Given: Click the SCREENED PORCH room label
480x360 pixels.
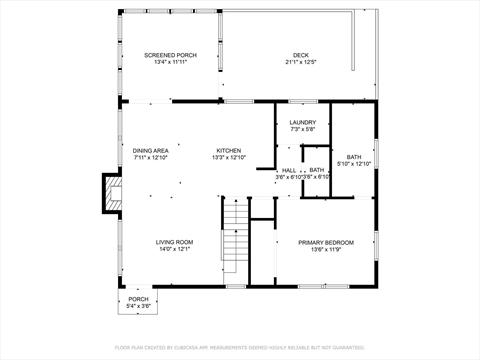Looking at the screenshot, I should coord(171,55).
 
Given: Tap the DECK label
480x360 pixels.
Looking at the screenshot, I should coord(301,55).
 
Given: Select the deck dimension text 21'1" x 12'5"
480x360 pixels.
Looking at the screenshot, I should coord(301,62).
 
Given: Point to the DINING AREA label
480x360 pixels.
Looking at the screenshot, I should coord(152,151).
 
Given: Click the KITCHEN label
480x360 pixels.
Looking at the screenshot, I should coord(229,151).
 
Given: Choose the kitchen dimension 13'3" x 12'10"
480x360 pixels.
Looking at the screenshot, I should coord(229,158).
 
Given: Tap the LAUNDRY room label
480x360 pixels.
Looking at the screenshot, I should coord(303,123).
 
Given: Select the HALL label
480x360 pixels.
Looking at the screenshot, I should coord(288,170).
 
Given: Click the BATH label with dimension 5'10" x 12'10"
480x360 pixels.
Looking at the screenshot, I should coord(354,157).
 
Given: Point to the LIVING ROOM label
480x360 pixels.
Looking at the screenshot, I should coord(174,242).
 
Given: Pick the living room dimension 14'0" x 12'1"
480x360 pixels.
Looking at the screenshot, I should coord(174,249).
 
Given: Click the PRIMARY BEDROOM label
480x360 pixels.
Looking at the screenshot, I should coord(325,242).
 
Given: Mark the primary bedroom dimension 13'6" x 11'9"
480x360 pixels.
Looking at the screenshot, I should coord(325,249).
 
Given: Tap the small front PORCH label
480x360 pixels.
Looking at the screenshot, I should coord(138,299).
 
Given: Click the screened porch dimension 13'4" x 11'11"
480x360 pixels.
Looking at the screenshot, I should coord(171,62).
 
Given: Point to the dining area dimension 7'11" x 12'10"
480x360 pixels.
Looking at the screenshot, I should coord(152,158).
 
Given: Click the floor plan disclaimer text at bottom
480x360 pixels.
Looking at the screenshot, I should coord(240,347).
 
